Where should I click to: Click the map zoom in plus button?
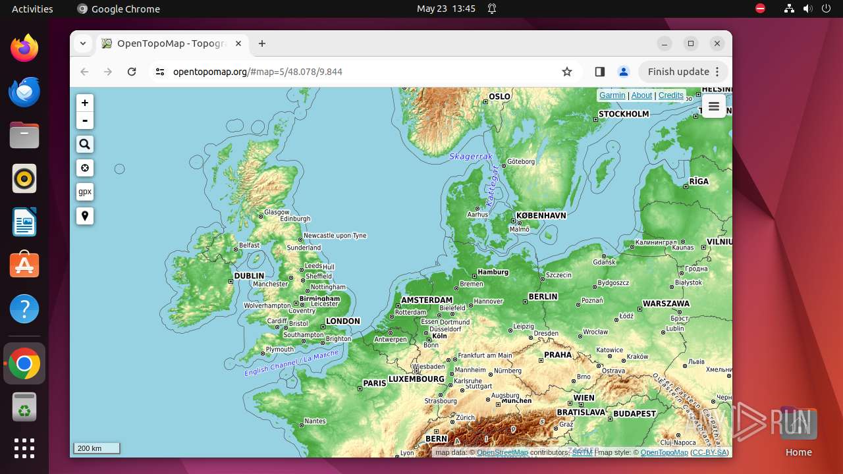coord(85,103)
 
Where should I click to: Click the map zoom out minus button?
coord(85,120)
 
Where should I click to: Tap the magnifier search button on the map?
coord(85,144)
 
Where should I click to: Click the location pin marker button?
coord(85,216)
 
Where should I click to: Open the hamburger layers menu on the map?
coord(714,107)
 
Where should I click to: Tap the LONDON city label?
coord(343,321)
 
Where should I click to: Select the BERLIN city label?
coord(543,297)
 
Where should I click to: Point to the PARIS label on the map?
coord(375,383)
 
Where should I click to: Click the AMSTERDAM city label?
coord(427,300)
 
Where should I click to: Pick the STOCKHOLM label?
coord(624,114)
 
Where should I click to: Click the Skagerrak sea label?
coord(471,157)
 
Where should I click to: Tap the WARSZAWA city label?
coord(666,303)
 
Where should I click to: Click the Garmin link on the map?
coord(612,95)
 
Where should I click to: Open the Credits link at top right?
coord(670,95)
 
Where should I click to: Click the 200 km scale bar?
coord(97,448)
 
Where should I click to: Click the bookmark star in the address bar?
coord(567,72)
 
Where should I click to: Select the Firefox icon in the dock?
coord(24,48)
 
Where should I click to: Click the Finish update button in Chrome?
coord(678,72)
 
